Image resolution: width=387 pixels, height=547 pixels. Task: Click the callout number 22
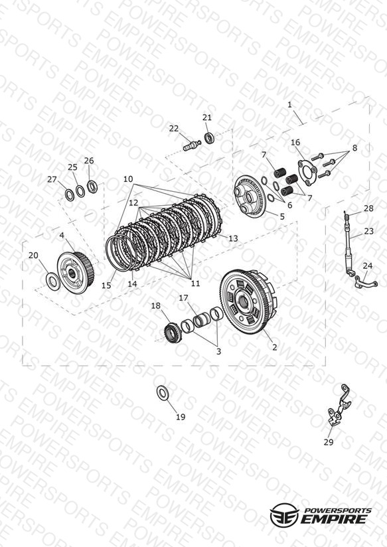(x=173, y=129)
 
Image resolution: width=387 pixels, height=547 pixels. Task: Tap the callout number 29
(x=329, y=442)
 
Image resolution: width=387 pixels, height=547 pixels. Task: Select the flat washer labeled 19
(x=162, y=393)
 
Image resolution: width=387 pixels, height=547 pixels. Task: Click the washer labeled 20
(x=52, y=281)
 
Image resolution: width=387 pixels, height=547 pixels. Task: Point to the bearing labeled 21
(x=209, y=138)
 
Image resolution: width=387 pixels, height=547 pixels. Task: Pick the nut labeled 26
(x=92, y=187)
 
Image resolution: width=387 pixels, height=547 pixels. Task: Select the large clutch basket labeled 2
(x=248, y=302)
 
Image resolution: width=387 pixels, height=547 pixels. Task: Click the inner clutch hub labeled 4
(x=75, y=272)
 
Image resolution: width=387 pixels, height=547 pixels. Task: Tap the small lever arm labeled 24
(x=365, y=281)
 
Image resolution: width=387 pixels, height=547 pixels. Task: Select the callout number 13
(x=233, y=238)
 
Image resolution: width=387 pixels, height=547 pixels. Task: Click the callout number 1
(x=289, y=105)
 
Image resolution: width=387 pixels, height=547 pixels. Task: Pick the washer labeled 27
(x=70, y=195)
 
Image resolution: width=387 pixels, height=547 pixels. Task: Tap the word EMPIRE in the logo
(x=334, y=519)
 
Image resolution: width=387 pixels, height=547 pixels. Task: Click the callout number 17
(x=184, y=298)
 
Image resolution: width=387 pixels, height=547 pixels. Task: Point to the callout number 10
(x=128, y=179)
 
